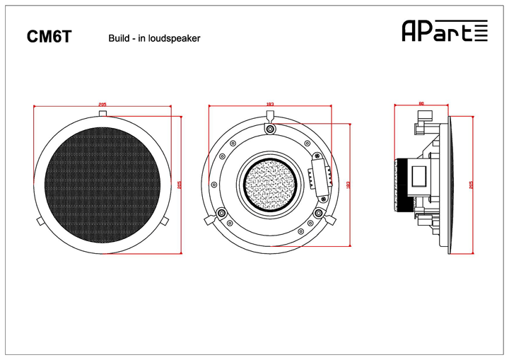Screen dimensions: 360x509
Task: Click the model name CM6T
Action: [x=49, y=37]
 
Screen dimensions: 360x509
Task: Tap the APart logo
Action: [x=444, y=30]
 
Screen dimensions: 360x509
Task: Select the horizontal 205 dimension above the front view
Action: [x=103, y=104]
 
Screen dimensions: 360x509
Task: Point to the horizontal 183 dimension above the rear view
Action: [x=269, y=104]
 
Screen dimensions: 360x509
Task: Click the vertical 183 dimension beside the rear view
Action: [x=349, y=184]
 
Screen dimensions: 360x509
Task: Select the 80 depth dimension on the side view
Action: [x=421, y=104]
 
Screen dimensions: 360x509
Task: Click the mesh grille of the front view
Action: [x=103, y=183]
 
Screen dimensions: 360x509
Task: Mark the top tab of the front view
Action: [x=103, y=113]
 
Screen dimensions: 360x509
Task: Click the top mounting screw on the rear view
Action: [x=269, y=128]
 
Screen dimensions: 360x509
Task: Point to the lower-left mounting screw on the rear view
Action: [x=222, y=212]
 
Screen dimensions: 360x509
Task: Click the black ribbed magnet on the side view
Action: [x=404, y=185]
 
